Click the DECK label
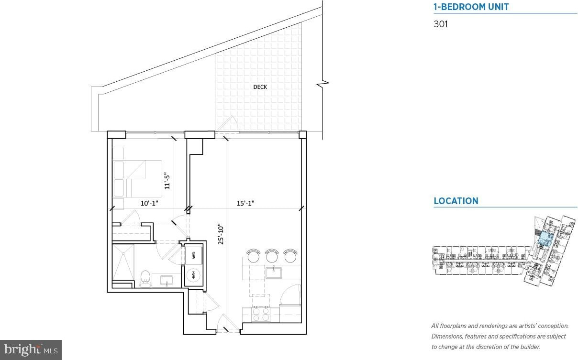pos(260,87)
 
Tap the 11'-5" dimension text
pos(167,181)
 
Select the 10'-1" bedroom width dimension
pos(149,203)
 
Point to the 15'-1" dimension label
pos(245,203)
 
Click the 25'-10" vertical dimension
pos(221,234)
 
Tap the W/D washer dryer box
pos(193,255)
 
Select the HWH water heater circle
pos(193,275)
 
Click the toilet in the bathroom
pos(145,279)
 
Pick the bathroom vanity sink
pos(167,280)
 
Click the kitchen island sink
pos(274,273)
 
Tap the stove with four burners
pos(261,314)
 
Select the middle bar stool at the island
pos(272,256)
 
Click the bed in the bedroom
pos(137,179)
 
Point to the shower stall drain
pos(123,253)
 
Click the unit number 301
pos(441,24)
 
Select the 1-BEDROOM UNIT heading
pos(471,7)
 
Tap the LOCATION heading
pos(456,201)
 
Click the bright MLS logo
pos(31,350)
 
